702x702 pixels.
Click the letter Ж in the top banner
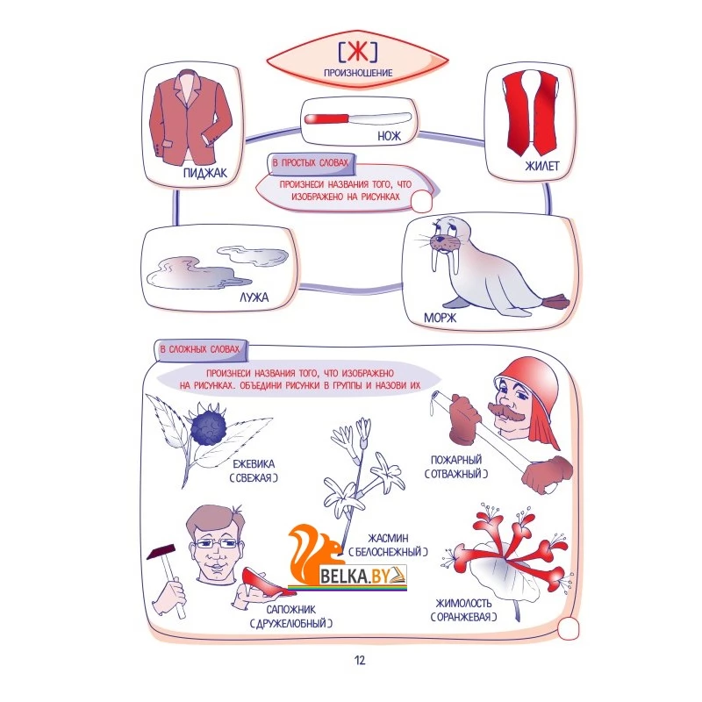(x=358, y=52)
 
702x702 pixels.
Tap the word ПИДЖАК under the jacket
(x=205, y=173)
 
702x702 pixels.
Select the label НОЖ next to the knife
(x=389, y=136)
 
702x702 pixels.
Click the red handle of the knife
(x=326, y=119)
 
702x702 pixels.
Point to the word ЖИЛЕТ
(x=541, y=166)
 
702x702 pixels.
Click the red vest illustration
(x=531, y=113)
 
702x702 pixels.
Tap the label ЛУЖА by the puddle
(x=254, y=297)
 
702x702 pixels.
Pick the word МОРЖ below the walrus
(x=441, y=318)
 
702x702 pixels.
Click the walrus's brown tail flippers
(x=555, y=301)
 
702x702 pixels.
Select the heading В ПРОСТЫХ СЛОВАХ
(x=311, y=162)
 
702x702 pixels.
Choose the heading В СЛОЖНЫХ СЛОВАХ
(x=200, y=348)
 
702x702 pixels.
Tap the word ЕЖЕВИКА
(x=254, y=464)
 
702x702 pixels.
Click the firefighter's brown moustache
(x=506, y=412)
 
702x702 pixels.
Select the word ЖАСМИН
(x=388, y=538)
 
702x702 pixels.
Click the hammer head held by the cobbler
(x=161, y=552)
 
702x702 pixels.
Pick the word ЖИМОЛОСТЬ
(x=463, y=603)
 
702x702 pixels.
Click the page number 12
(x=360, y=661)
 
